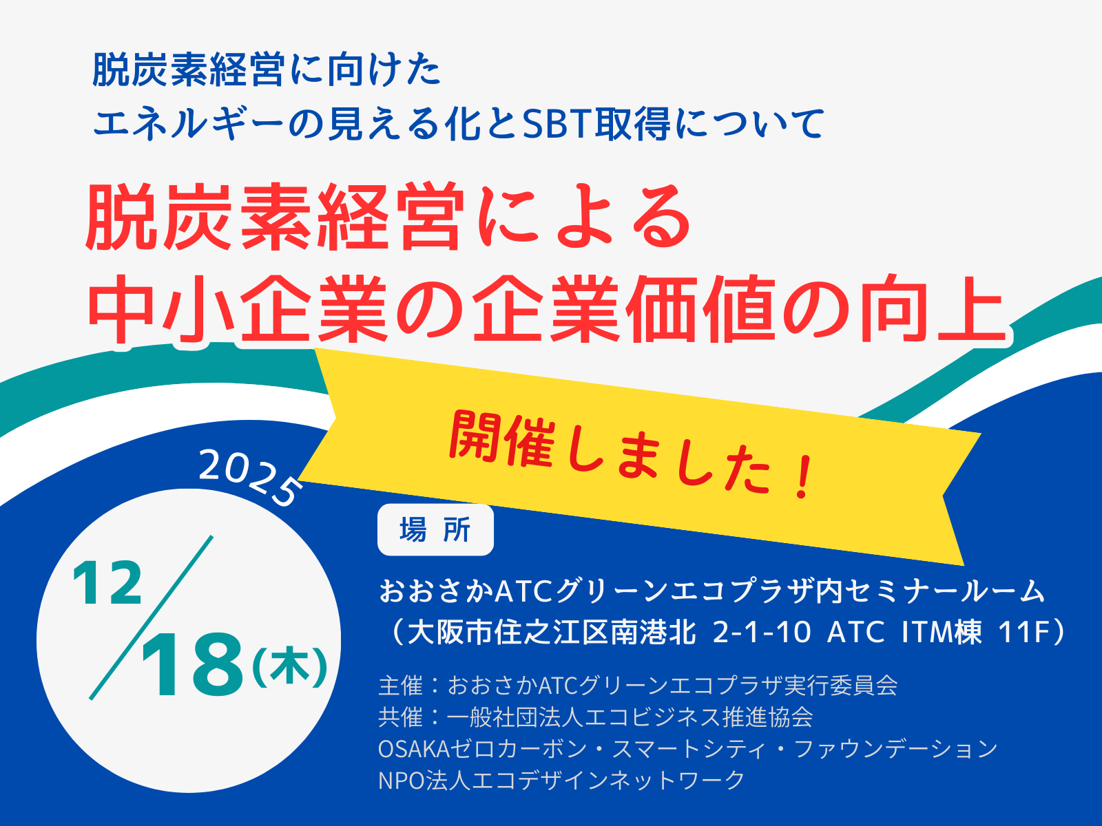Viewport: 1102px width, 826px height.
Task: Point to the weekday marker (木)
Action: [290, 668]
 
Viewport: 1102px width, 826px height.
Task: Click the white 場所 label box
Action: [435, 530]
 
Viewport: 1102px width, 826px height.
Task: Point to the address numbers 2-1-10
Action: [762, 632]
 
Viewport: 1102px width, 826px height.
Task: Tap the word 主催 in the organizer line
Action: [401, 686]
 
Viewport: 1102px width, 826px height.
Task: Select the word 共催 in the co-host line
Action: [401, 717]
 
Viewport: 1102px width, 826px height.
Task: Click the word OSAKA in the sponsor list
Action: [414, 750]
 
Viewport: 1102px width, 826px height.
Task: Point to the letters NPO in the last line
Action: [402, 781]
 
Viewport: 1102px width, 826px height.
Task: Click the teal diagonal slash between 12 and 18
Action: [151, 617]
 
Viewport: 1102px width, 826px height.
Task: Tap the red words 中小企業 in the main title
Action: [238, 308]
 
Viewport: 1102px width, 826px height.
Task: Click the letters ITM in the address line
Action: [927, 632]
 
